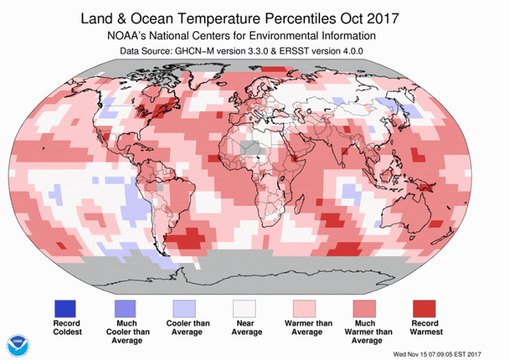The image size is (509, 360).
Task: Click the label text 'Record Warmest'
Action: click(427, 328)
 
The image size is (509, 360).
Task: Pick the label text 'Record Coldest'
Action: click(66, 328)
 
